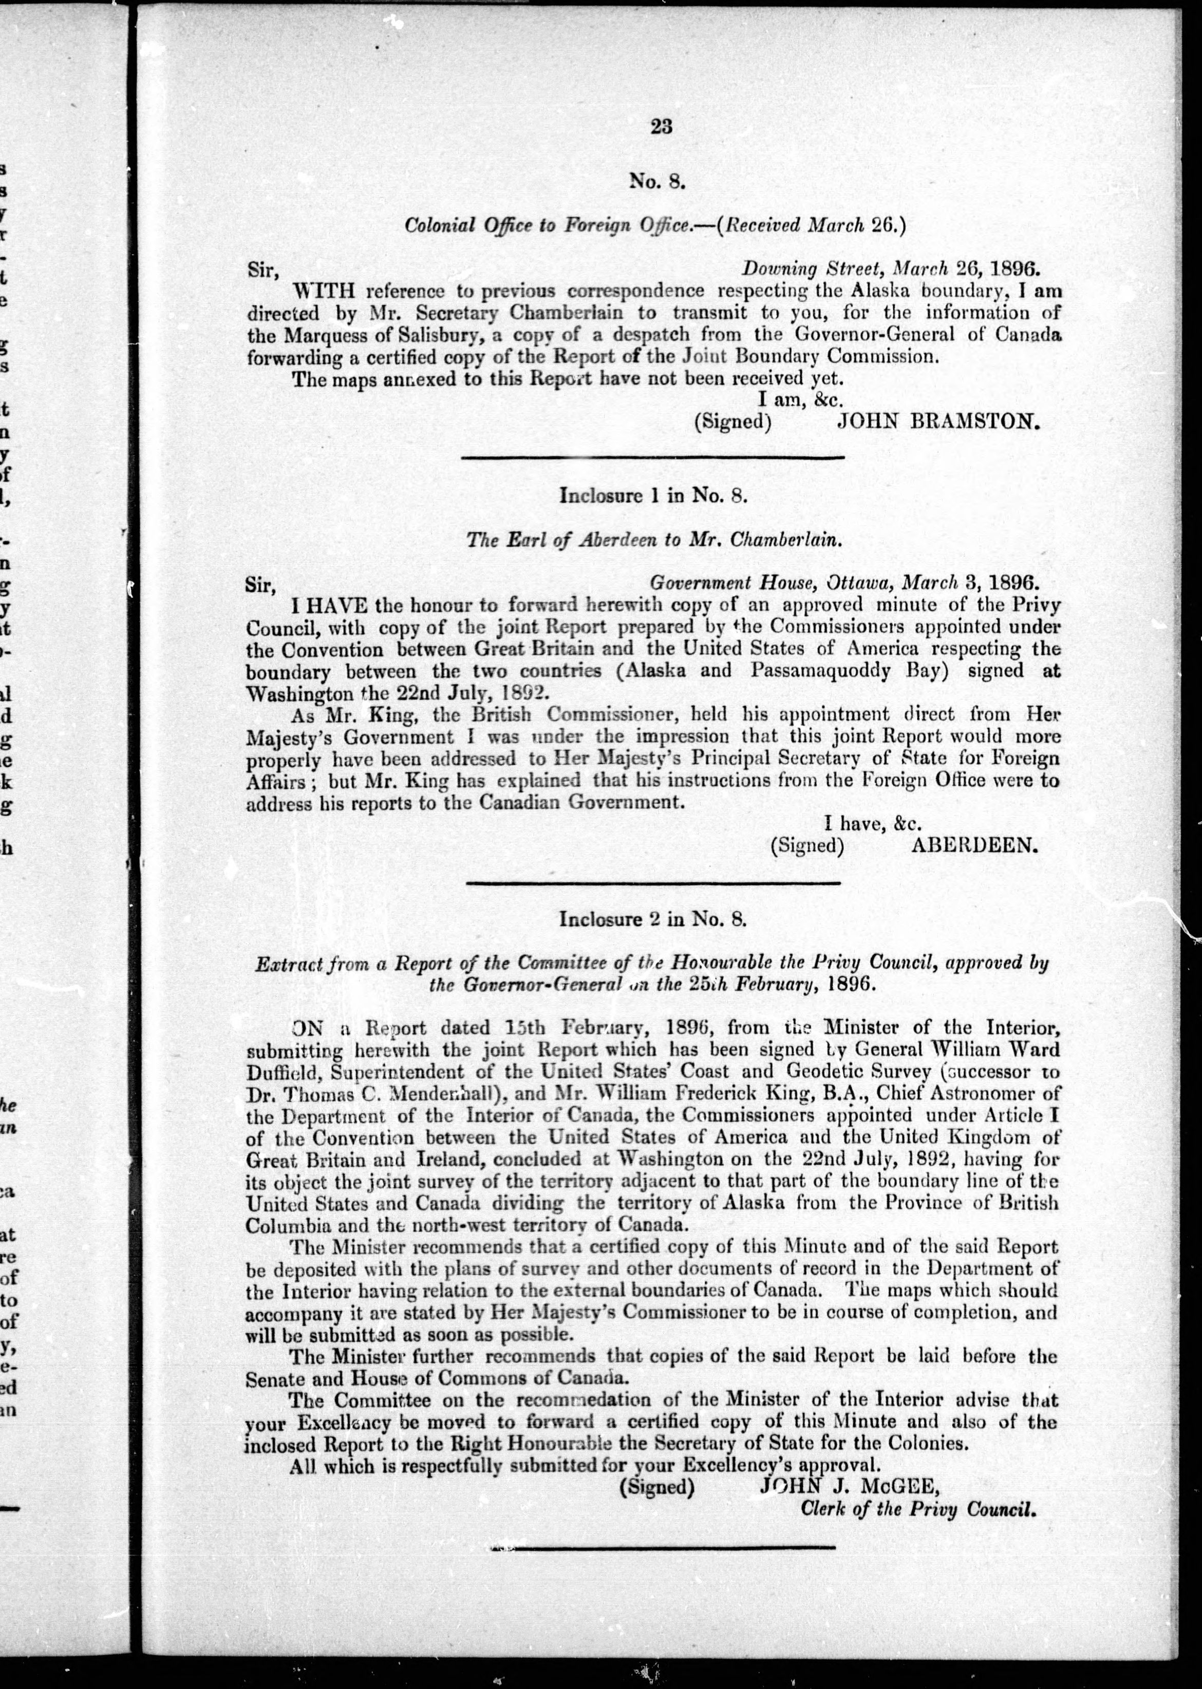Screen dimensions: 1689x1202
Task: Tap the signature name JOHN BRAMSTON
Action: pyautogui.click(x=938, y=421)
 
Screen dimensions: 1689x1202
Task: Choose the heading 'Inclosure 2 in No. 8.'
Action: pyautogui.click(x=653, y=919)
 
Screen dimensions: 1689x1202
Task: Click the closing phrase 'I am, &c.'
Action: pyautogui.click(x=801, y=398)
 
